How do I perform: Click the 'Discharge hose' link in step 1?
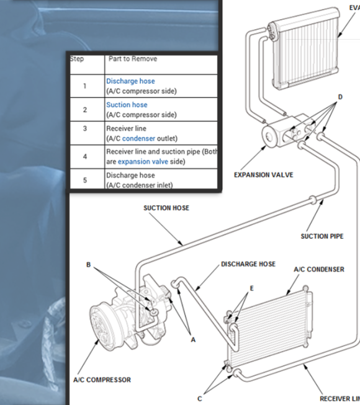[x=130, y=81]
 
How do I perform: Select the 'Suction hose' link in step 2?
[x=127, y=105]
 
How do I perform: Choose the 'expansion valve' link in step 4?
[x=143, y=161]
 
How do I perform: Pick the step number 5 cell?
[x=85, y=180]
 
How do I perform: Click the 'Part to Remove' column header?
[x=132, y=59]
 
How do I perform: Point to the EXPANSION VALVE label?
[x=263, y=175]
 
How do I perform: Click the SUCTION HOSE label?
[x=166, y=208]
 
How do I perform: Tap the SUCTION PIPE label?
[x=322, y=236]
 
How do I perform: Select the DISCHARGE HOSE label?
[x=248, y=264]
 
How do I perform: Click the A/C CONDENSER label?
[x=318, y=270]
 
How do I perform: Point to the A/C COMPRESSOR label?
[x=102, y=380]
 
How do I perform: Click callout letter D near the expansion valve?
[x=340, y=97]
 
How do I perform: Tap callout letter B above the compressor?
[x=89, y=265]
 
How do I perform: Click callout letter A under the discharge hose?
[x=193, y=340]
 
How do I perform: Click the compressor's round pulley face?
[x=105, y=326]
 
